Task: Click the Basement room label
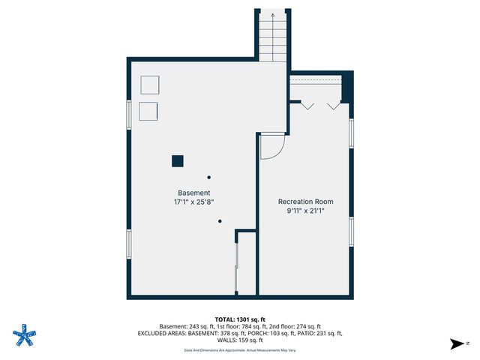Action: tap(193, 193)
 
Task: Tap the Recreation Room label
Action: tap(305, 202)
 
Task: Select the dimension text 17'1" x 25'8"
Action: tap(193, 202)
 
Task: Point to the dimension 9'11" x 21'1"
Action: tap(305, 211)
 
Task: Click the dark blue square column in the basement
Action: tap(178, 160)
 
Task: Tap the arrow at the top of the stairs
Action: tap(273, 14)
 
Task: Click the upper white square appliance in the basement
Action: tap(150, 84)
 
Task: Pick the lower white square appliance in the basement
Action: tap(148, 110)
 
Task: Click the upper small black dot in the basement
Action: tap(208, 177)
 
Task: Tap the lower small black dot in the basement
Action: tap(220, 221)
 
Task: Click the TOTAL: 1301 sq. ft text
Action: tap(239, 319)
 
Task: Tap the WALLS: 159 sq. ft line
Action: tap(239, 340)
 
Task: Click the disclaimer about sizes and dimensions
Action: tap(239, 350)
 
